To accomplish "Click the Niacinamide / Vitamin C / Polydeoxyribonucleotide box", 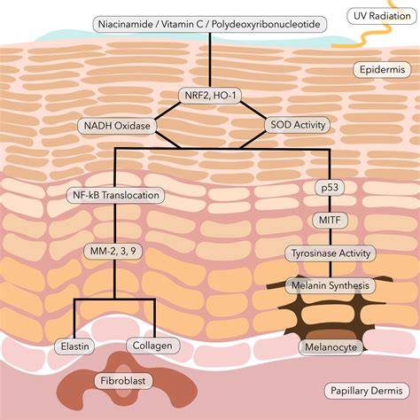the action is coord(210,24).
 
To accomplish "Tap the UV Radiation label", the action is coord(382,16).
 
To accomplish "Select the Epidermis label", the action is coord(382,70).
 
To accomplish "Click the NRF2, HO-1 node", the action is coord(210,96).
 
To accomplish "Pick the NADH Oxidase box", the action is coord(117,126).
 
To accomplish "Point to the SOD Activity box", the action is coord(298,125).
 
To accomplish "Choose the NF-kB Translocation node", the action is coord(116,195).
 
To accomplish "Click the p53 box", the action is coord(330,187).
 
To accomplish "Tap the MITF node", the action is coord(330,220).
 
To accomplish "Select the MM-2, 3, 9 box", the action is coord(113,252).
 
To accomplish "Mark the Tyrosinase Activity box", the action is coord(331,253).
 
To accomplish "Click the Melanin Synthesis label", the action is coord(331,285).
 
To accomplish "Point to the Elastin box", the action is coord(74,346).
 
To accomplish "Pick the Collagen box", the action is coord(152,346).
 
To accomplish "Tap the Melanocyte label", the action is coord(331,347).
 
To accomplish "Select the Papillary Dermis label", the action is coord(367,391).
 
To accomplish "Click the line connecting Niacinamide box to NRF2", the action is coord(210,60).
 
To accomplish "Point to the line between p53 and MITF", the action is coord(330,204).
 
